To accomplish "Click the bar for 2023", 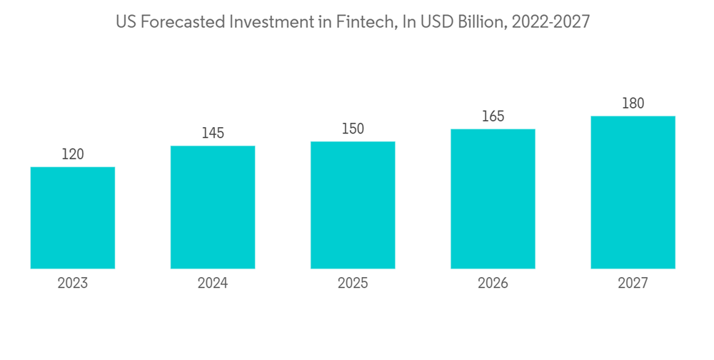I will coord(73,218).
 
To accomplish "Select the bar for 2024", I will coord(213,207).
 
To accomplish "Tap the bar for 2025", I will coord(353,205).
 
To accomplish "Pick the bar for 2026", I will coord(493,199).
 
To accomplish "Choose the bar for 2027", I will coord(633,192).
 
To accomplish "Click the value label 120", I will coord(73,154).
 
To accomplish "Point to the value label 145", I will coord(213,133).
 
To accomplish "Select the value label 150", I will coord(353,129).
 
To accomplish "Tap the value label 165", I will coord(493,116).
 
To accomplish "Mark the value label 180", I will coord(633,104).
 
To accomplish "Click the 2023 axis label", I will coord(73,284).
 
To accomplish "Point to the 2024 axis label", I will coord(213,284).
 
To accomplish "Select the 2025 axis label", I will coord(353,284).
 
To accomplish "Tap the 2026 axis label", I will coord(493,284).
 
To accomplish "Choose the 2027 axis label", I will coord(633,284).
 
